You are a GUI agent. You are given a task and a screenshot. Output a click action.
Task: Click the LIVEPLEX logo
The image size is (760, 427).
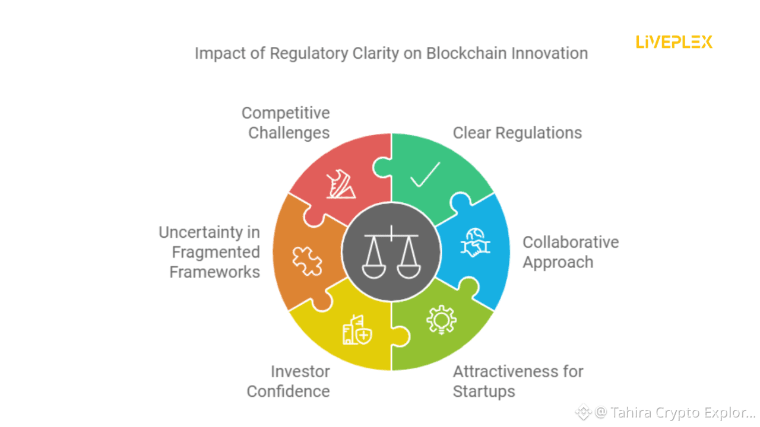click(x=674, y=42)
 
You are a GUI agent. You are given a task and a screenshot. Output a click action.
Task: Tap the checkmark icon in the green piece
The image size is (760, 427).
click(x=425, y=174)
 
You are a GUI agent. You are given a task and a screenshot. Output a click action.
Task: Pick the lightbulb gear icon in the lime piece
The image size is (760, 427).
click(x=441, y=321)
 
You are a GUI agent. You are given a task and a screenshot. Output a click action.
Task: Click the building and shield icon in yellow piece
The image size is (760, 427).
click(x=357, y=330)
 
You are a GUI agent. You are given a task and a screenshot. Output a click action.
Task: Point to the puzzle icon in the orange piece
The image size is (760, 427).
click(x=307, y=261)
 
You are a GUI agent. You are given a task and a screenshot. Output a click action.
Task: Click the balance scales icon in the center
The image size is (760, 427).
click(x=391, y=251)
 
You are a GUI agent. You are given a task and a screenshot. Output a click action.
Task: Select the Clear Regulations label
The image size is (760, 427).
click(x=517, y=133)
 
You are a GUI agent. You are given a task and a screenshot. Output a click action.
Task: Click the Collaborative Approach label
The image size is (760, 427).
click(x=570, y=252)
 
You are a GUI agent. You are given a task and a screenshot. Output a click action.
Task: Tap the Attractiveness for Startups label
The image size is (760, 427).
click(x=518, y=381)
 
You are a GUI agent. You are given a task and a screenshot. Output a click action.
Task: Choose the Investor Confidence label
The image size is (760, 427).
click(x=289, y=381)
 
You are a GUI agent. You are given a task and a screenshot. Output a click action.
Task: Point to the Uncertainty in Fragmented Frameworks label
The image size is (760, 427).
click(x=209, y=252)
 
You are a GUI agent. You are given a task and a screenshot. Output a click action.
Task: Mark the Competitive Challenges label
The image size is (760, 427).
click(x=286, y=123)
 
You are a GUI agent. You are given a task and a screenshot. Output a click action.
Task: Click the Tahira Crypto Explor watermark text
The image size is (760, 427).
click(x=675, y=412)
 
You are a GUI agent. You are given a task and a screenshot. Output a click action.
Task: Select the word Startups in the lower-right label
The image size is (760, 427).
click(x=484, y=391)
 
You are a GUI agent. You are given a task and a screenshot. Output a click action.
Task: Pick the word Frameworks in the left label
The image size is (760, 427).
click(x=214, y=272)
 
